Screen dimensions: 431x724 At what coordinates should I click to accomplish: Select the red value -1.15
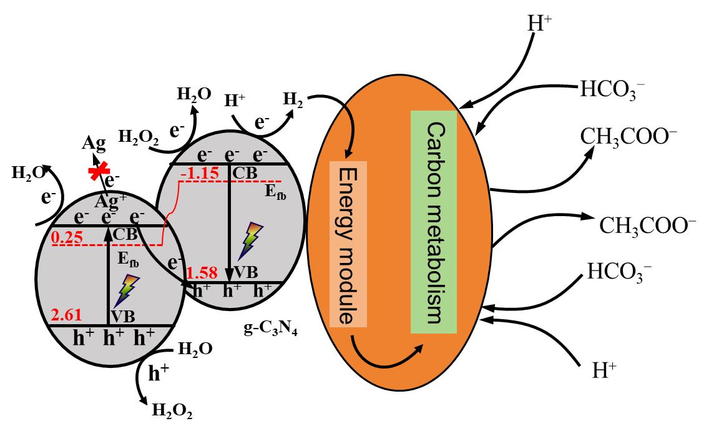click(199, 172)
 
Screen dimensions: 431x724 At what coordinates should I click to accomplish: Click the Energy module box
click(348, 244)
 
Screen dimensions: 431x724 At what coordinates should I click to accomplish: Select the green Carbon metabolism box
click(434, 222)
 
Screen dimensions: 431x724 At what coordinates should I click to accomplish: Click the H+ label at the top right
click(540, 24)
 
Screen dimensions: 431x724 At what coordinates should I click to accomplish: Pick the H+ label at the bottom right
click(604, 372)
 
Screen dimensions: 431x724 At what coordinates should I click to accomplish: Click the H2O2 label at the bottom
click(172, 411)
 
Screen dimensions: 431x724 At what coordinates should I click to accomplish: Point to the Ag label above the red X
click(94, 145)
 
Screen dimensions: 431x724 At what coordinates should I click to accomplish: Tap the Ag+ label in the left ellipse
click(107, 201)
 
